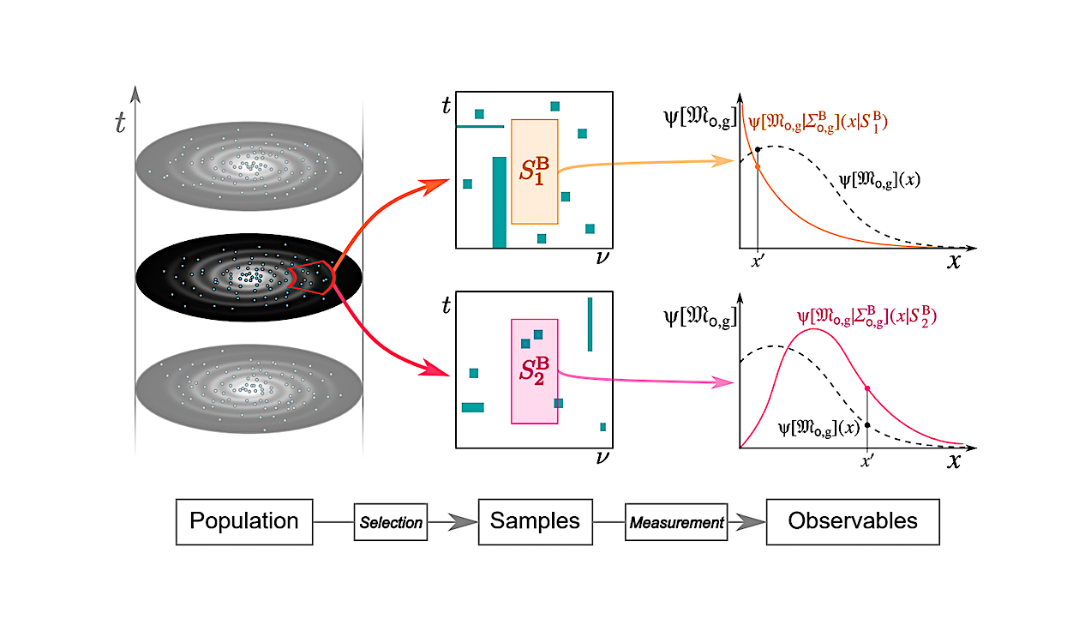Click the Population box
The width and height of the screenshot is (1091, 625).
click(244, 520)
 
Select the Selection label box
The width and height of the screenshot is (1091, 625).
click(390, 522)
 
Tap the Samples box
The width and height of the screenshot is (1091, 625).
click(535, 520)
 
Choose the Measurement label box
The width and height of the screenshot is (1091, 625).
click(676, 522)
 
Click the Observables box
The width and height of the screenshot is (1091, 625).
click(841, 520)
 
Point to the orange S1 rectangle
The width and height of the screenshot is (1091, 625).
click(535, 171)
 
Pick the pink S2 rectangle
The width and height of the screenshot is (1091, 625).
click(535, 371)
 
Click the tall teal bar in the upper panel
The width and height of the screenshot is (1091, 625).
click(499, 202)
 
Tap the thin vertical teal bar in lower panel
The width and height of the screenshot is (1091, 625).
click(590, 324)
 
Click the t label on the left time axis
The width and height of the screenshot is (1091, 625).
click(120, 123)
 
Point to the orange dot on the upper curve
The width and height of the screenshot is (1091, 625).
click(758, 166)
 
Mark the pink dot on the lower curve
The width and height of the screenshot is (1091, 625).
click(868, 388)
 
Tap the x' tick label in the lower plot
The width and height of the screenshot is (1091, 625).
click(868, 460)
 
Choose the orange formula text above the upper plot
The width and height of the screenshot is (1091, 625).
click(818, 123)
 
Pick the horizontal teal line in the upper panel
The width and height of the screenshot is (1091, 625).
click(480, 126)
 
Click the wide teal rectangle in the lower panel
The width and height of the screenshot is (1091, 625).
click(473, 407)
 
